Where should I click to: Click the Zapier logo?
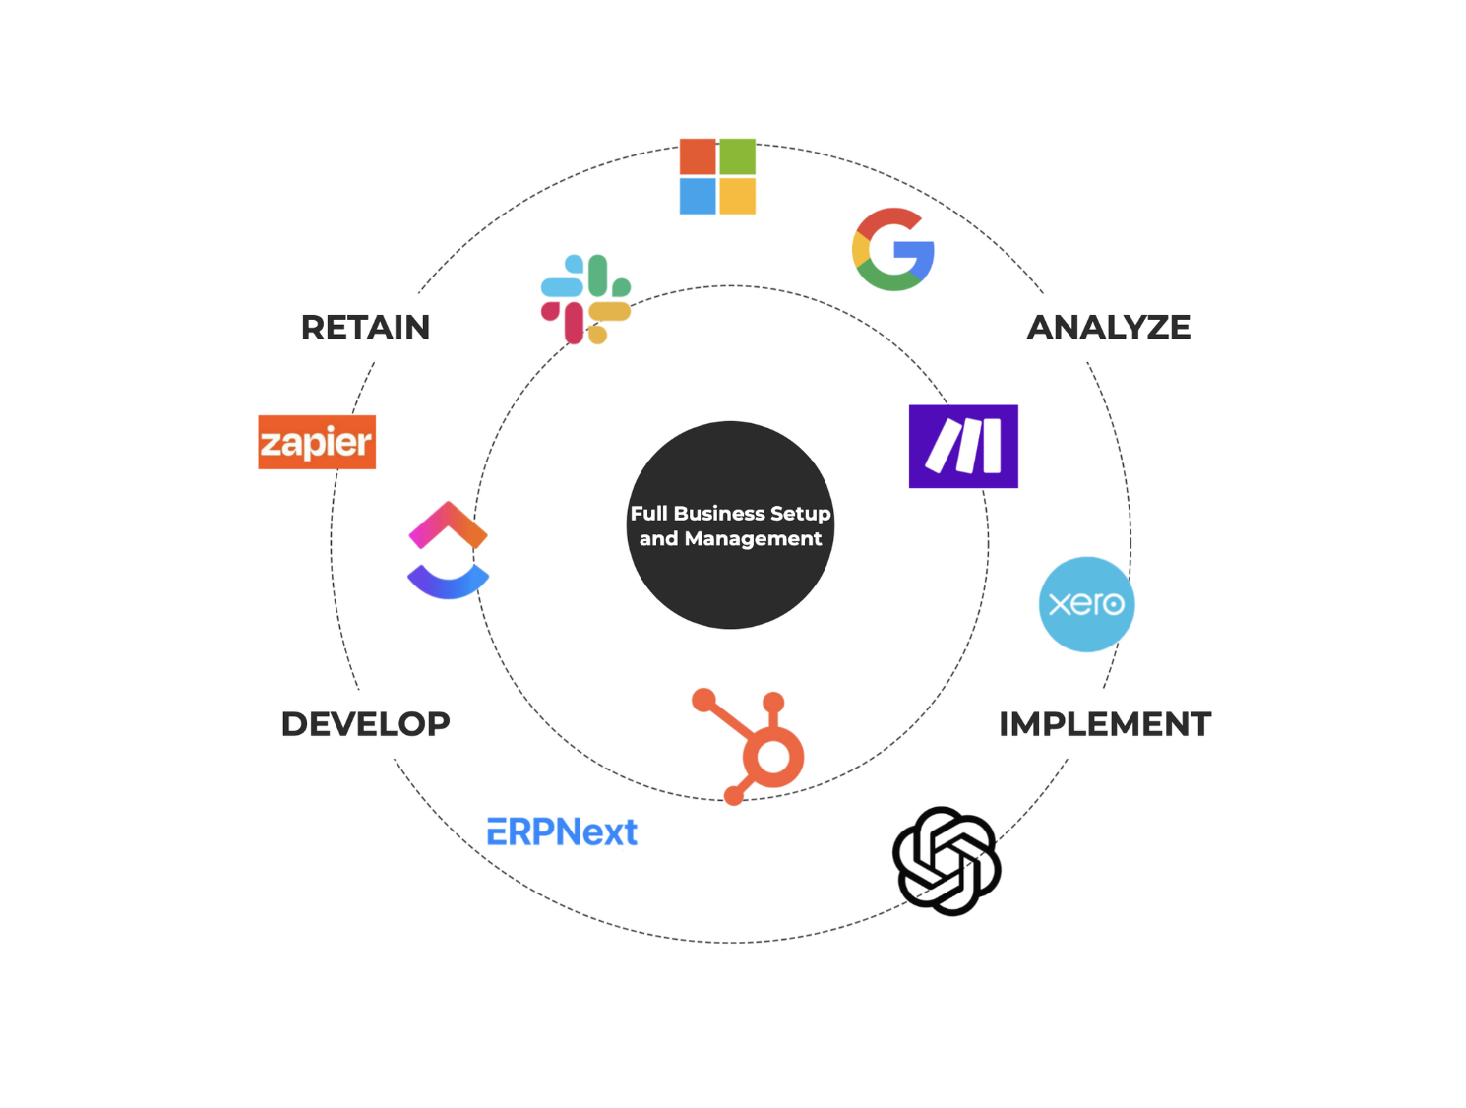tap(317, 442)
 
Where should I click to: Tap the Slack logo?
tap(585, 299)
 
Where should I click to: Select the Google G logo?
tap(893, 250)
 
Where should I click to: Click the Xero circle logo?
tap(1086, 604)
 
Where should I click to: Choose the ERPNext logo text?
tap(562, 832)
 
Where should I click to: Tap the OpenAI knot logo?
tap(947, 861)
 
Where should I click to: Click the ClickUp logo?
tap(449, 550)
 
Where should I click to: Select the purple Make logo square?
tap(963, 446)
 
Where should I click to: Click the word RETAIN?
tap(365, 328)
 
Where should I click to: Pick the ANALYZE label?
tap(1109, 328)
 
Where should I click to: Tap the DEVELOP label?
tap(365, 724)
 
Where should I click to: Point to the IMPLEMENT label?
tap(1105, 724)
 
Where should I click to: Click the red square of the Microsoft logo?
tap(698, 157)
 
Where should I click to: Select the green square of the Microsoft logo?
tap(738, 157)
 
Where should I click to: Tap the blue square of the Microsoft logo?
tap(698, 196)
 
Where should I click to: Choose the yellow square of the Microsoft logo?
tap(738, 196)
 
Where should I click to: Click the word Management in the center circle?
tap(753, 539)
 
